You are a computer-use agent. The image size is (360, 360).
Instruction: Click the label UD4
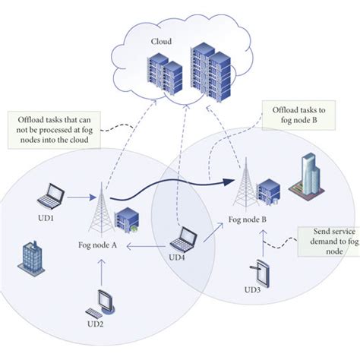[176, 257]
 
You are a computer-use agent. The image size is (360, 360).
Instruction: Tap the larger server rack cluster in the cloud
[212, 70]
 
